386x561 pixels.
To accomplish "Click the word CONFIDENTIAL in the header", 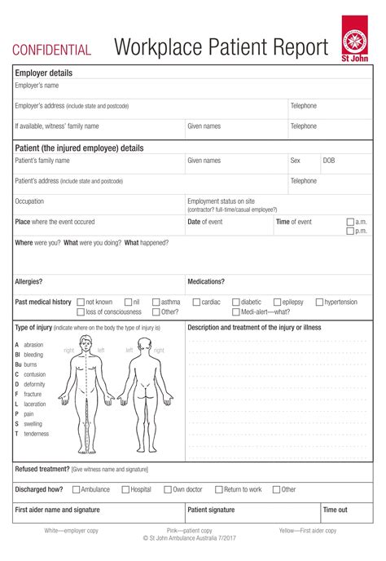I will [51, 51].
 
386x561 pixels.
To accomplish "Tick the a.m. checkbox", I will [350, 222].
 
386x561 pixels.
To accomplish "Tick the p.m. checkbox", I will [350, 232].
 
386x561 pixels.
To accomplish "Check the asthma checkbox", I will [156, 302].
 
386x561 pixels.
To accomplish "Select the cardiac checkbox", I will [196, 302].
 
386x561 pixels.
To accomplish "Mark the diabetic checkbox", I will [236, 302].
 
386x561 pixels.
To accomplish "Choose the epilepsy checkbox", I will [277, 302].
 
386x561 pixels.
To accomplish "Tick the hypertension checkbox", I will [319, 302].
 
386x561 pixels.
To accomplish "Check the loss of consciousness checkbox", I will [81, 311].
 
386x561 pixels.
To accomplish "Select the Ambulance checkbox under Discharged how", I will [76, 490].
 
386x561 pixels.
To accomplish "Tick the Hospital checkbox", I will [125, 490].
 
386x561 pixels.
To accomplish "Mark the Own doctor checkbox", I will [168, 490].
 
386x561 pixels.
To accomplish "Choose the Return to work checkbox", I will [219, 490].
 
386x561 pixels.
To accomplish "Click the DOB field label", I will [329, 161].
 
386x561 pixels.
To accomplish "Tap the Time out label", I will [336, 510].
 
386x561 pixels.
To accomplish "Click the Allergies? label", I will [29, 281].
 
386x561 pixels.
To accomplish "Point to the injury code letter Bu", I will [18, 364].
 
